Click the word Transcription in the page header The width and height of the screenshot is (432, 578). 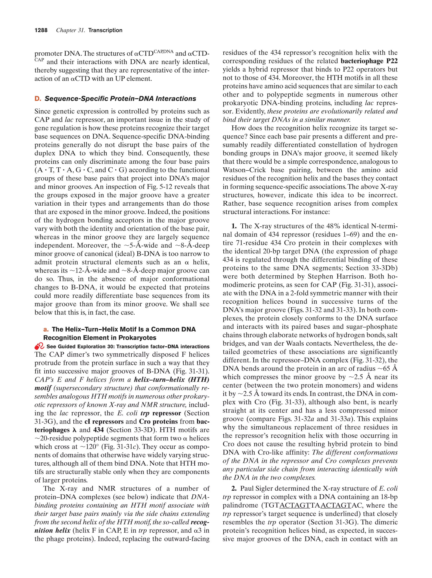point(105,30)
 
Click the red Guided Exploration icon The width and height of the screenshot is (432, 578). point(39,346)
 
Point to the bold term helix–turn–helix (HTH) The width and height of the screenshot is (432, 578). point(171,380)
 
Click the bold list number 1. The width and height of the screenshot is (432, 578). point(234,226)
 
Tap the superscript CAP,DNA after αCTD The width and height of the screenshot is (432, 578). point(163,51)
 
